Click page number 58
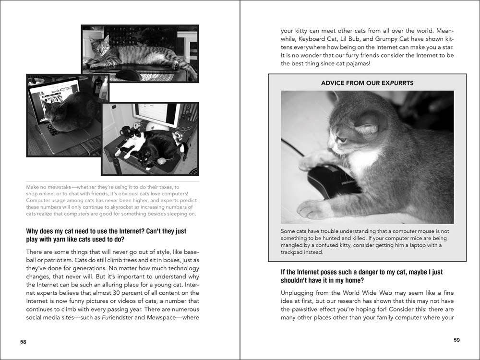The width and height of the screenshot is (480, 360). pos(23,342)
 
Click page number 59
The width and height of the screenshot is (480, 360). pos(456,340)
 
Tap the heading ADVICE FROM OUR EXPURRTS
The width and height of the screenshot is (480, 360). pos(367,83)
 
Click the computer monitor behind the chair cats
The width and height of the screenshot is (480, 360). pos(156,115)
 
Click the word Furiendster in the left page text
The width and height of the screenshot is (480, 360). pos(122,317)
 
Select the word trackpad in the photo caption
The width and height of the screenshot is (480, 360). pos(295,252)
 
